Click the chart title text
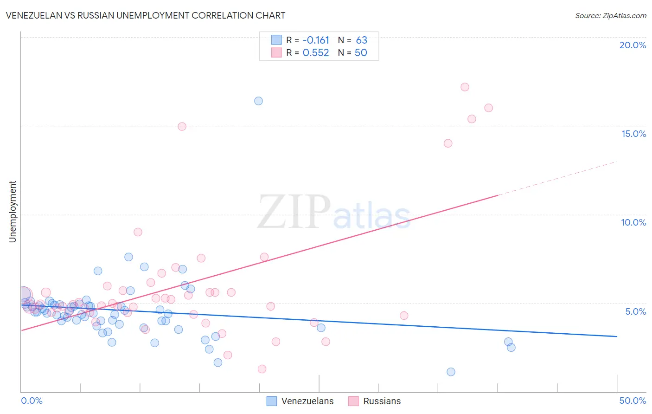click(x=145, y=15)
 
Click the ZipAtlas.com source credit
click(x=610, y=16)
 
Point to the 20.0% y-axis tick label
click(x=633, y=45)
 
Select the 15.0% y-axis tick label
click(x=633, y=134)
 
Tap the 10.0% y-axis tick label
click(x=633, y=222)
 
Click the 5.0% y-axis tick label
click(x=635, y=311)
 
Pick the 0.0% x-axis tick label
click(x=32, y=401)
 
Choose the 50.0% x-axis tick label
click(x=633, y=401)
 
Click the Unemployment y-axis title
click(x=13, y=212)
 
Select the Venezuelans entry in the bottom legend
click(x=307, y=401)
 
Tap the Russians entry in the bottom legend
click(x=382, y=401)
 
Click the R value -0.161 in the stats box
click(x=316, y=40)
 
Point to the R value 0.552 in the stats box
click(x=316, y=53)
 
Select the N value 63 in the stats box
click(x=361, y=40)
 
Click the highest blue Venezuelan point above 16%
click(x=258, y=101)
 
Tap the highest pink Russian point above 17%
click(x=465, y=87)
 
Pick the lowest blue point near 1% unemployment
click(x=451, y=372)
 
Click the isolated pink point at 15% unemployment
click(x=182, y=126)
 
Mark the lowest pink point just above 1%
click(x=262, y=369)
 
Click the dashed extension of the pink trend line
click(x=556, y=179)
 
